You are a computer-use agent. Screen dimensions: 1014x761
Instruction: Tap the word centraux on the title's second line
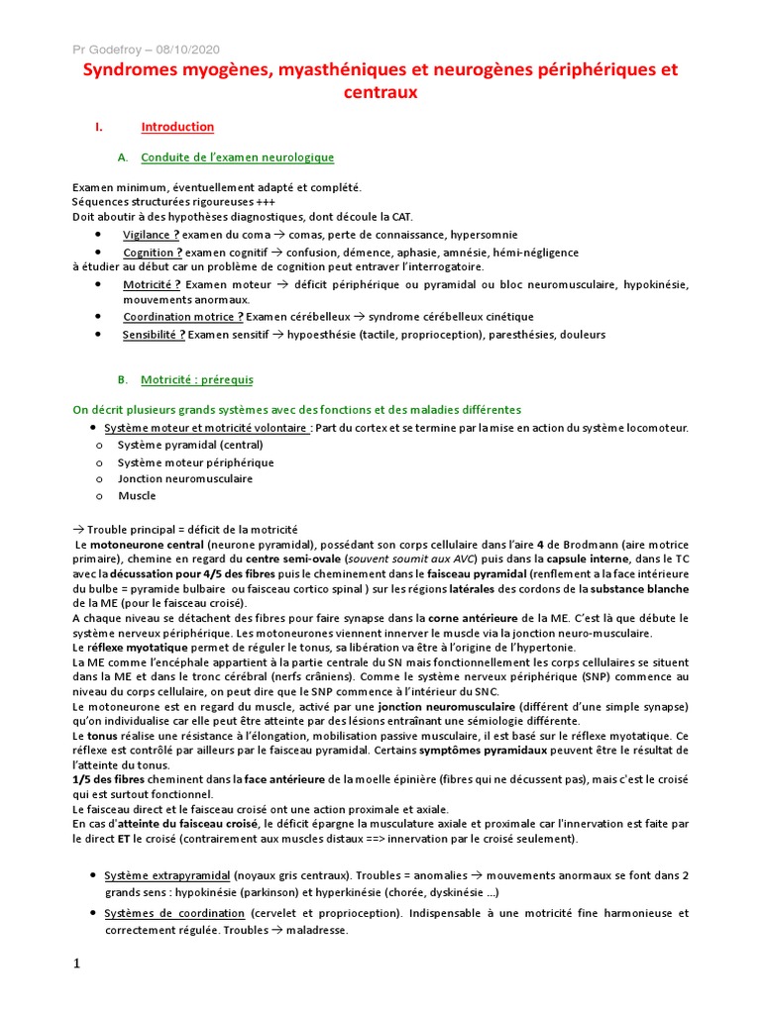click(380, 92)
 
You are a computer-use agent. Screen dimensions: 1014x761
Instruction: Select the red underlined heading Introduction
click(177, 128)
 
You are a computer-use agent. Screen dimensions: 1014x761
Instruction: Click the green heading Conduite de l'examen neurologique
click(238, 157)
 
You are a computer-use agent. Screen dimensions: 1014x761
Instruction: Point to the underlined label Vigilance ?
click(151, 235)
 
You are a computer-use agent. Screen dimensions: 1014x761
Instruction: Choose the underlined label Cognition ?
click(153, 252)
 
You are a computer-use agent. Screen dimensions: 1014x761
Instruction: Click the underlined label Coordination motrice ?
click(182, 316)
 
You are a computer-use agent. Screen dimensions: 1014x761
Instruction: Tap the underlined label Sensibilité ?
click(154, 335)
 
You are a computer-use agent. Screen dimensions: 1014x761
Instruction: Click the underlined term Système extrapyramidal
click(166, 876)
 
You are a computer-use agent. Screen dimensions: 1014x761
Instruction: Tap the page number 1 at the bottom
click(76, 964)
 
